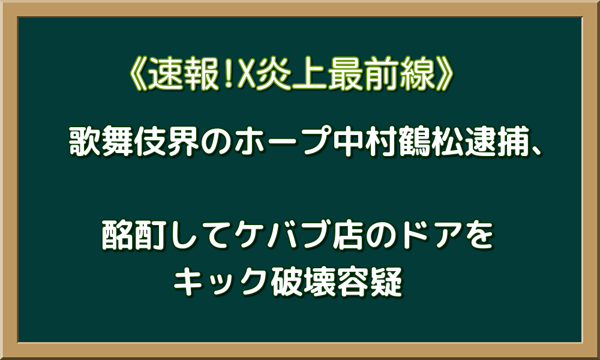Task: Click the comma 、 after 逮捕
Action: click(536, 151)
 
